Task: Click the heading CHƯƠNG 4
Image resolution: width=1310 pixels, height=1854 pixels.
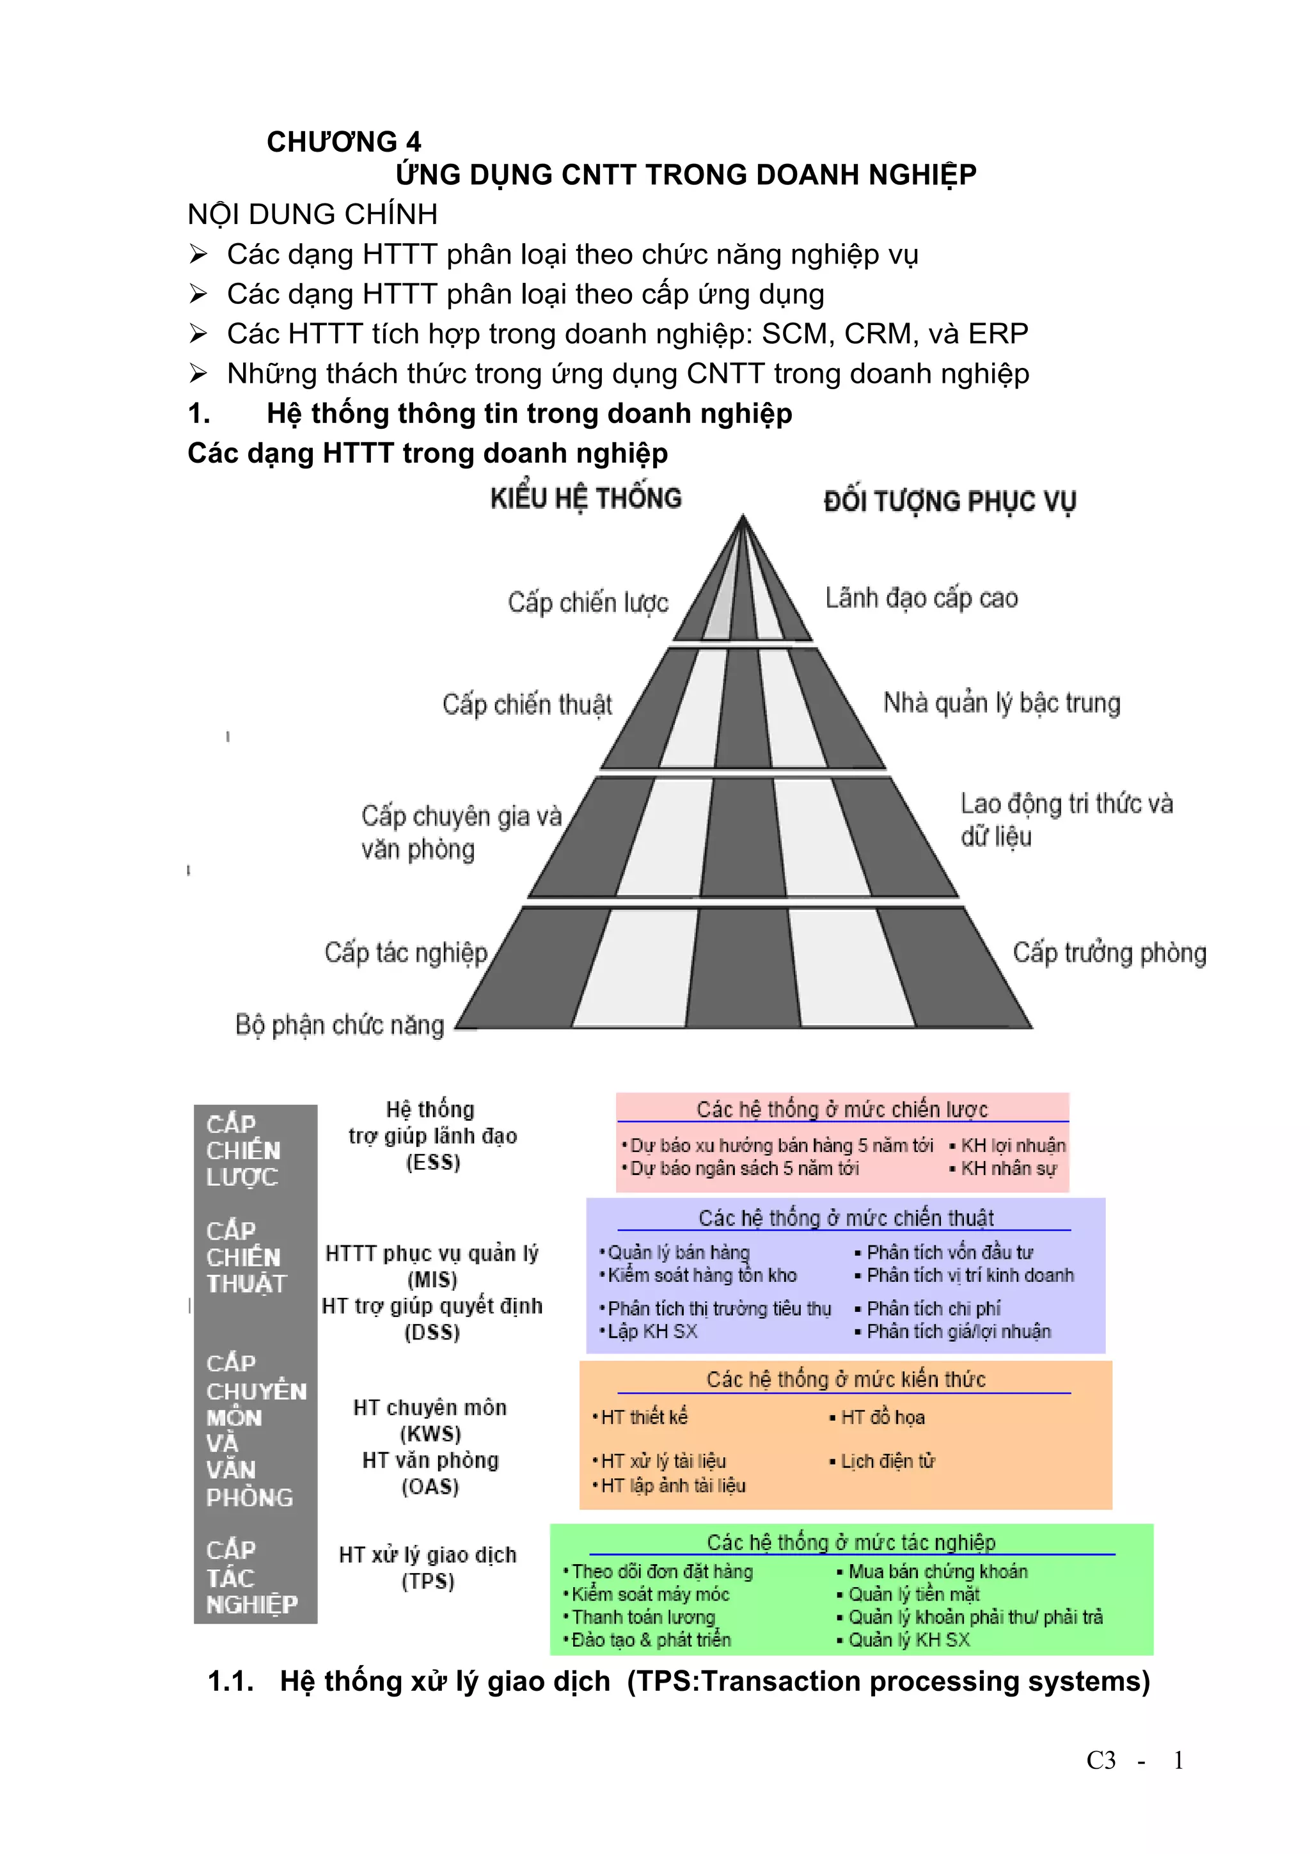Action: pos(344,142)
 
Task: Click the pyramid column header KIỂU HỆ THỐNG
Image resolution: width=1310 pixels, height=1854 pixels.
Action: pos(586,499)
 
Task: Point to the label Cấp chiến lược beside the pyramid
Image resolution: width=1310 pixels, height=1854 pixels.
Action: pos(588,602)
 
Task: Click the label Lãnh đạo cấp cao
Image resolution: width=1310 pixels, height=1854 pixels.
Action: pos(921,598)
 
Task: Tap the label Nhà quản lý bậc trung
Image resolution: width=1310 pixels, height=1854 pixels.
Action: pos(1002,703)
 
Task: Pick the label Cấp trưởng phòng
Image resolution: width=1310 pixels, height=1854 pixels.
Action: pos(1109,953)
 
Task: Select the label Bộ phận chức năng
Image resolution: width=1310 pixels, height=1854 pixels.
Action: pos(340,1025)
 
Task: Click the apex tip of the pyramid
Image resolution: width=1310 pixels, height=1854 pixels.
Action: pos(743,517)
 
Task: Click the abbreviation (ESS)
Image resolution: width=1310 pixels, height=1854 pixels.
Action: pos(432,1162)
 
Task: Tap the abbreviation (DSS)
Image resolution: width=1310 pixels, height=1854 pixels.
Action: pos(432,1332)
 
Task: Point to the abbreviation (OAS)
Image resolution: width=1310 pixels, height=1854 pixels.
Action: pos(430,1487)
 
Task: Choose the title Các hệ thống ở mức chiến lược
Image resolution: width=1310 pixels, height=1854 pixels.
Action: pos(842,1110)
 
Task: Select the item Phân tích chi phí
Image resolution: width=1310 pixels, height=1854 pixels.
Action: pos(933,1308)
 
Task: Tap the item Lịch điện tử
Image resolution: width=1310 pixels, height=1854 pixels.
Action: pos(887,1461)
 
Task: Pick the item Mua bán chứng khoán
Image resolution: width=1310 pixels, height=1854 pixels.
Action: pos(938,1571)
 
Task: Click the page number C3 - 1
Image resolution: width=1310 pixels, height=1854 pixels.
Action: pos(1134,1761)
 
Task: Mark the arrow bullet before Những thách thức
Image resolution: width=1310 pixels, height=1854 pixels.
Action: pos(198,373)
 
